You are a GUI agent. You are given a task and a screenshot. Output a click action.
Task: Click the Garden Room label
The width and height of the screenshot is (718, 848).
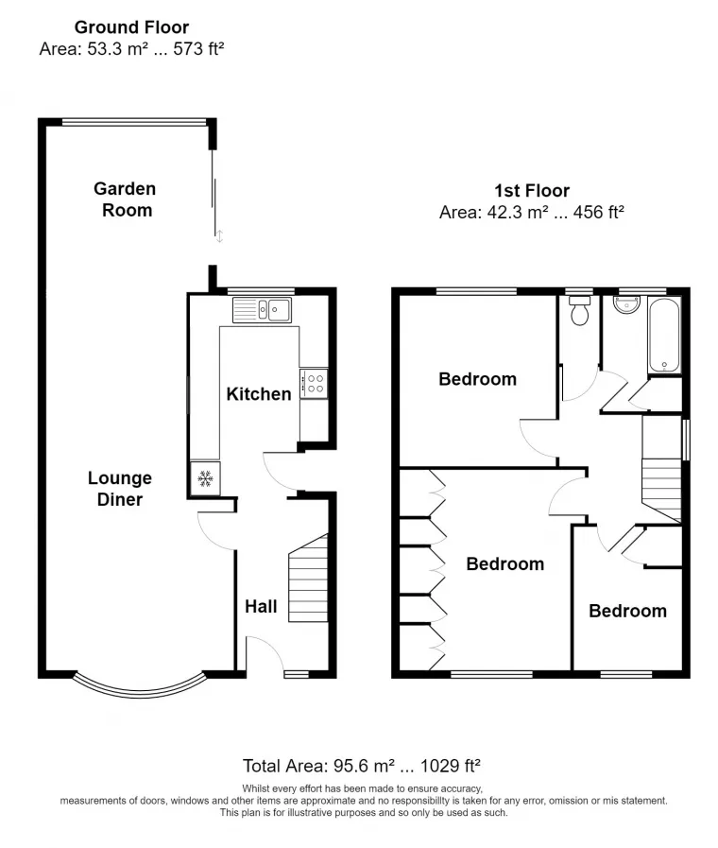pyautogui.click(x=125, y=199)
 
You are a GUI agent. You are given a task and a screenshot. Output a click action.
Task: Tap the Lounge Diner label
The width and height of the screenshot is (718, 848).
pyautogui.click(x=120, y=489)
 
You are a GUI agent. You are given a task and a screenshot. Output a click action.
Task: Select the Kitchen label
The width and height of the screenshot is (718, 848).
pyautogui.click(x=259, y=393)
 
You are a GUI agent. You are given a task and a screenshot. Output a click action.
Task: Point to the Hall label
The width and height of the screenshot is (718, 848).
pyautogui.click(x=261, y=606)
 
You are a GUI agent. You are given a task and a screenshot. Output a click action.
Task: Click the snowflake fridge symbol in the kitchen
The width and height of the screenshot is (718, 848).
pyautogui.click(x=205, y=478)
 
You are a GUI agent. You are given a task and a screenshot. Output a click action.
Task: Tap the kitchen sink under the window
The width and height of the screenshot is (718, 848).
pyautogui.click(x=262, y=310)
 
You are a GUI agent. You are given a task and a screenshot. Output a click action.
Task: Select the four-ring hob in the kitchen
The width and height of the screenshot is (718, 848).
pyautogui.click(x=314, y=384)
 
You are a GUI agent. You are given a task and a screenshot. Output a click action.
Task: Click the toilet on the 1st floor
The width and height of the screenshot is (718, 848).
pyautogui.click(x=580, y=310)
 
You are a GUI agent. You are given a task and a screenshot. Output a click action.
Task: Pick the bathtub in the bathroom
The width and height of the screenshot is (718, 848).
pyautogui.click(x=664, y=336)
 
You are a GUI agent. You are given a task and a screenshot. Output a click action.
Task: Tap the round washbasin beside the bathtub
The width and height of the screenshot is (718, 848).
pyautogui.click(x=626, y=305)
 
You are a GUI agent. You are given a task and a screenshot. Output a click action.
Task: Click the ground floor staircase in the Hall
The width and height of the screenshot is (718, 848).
pyautogui.click(x=308, y=578)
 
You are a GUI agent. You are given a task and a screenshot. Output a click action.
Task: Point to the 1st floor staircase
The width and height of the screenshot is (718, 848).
pyautogui.click(x=661, y=469)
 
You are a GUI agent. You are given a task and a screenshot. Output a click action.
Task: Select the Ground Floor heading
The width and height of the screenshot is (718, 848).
pyautogui.click(x=132, y=27)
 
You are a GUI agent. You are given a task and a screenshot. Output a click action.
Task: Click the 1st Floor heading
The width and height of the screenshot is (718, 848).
pyautogui.click(x=532, y=190)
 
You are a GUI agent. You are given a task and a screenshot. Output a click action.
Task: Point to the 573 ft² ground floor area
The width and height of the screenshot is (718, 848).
pyautogui.click(x=198, y=48)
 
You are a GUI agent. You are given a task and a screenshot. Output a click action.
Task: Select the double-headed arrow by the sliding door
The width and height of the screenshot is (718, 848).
pyautogui.click(x=219, y=236)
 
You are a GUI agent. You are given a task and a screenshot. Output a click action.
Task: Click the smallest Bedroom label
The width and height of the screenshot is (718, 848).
pyautogui.click(x=627, y=611)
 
